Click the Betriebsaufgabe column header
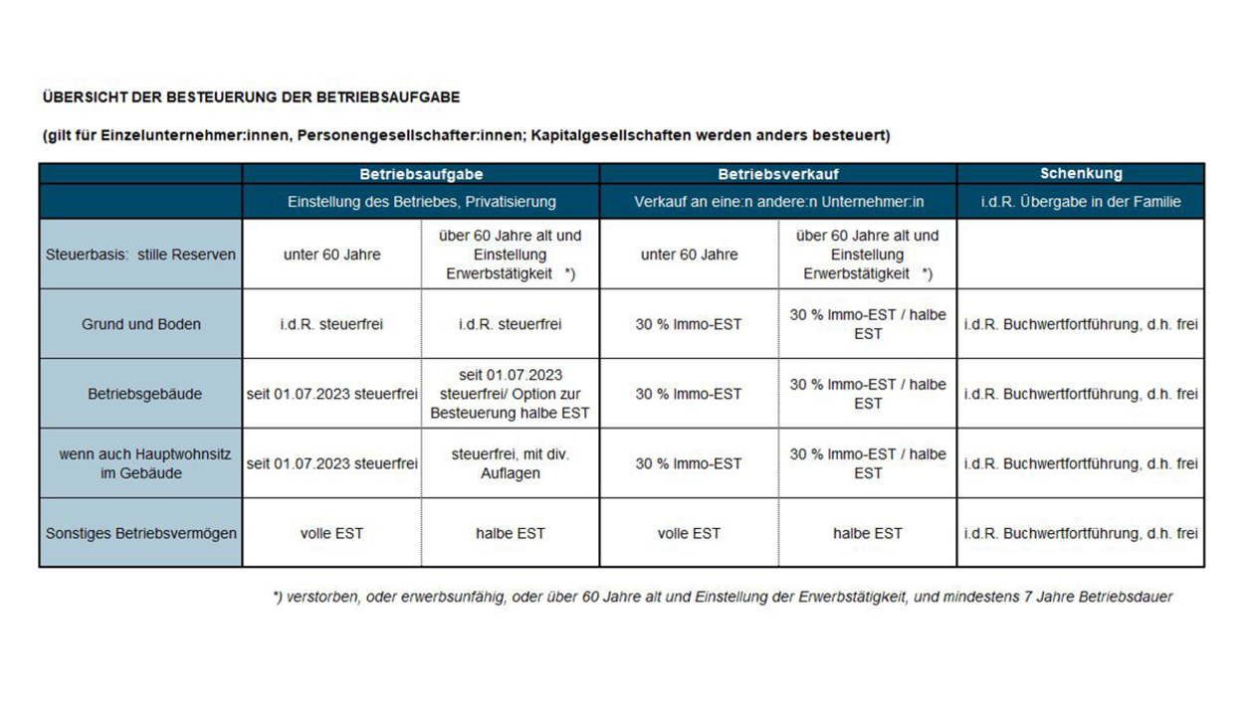pos(420,174)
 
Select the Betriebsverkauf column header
pos(778,174)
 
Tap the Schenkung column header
pos(1081,174)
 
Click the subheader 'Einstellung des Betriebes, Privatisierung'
pos(421,202)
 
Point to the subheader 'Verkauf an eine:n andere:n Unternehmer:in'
pos(778,202)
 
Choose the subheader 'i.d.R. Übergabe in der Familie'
pos(1081,202)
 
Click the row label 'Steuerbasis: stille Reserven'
pos(140,255)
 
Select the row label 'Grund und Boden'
pos(140,324)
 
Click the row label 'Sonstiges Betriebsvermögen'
pos(140,533)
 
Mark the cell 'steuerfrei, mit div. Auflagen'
pos(511,463)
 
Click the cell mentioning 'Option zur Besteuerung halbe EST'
pos(511,394)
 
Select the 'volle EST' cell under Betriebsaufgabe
pos(331,533)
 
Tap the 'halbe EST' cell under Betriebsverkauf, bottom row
pos(868,533)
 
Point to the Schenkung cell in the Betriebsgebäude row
pos(1081,394)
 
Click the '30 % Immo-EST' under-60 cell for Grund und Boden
pos(689,324)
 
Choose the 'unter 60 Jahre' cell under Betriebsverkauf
pos(689,255)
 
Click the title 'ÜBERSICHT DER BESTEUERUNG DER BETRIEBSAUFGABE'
pos(251,97)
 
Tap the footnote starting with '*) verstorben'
pos(723,597)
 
